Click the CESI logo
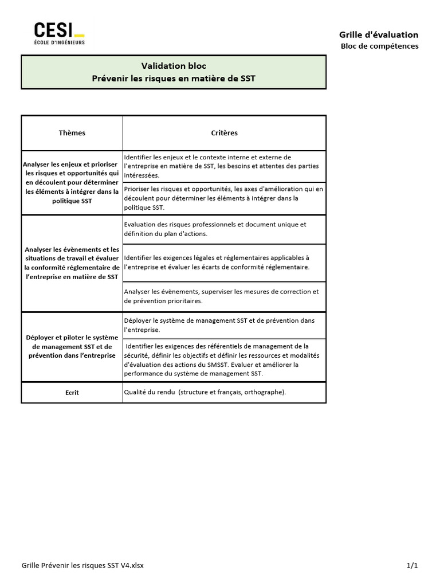click(59, 33)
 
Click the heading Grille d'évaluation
click(379, 34)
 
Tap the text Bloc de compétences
click(379, 46)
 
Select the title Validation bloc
click(174, 66)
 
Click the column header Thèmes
click(72, 133)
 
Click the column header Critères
click(224, 133)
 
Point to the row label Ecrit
click(72, 393)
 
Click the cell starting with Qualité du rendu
click(205, 392)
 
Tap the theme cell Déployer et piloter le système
click(72, 346)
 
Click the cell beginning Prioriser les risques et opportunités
click(223, 198)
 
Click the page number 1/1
click(412, 565)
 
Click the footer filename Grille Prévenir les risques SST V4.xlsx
click(82, 565)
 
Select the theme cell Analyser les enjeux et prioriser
click(72, 182)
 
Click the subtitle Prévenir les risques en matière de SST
click(174, 78)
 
